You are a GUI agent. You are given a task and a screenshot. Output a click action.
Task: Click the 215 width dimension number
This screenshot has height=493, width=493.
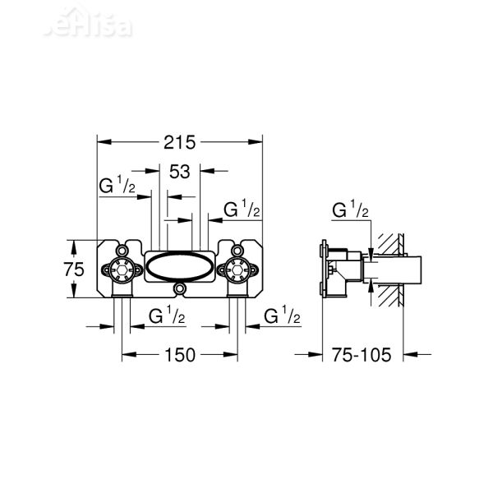click(180, 142)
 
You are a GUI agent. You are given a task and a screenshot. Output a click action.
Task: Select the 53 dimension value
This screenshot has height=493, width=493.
click(180, 171)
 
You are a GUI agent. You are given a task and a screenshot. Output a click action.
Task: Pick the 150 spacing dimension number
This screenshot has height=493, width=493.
click(179, 355)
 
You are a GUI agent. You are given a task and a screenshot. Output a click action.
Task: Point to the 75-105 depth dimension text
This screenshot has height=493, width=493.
click(362, 355)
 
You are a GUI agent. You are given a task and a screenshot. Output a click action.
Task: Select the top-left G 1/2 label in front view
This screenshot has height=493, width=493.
click(117, 187)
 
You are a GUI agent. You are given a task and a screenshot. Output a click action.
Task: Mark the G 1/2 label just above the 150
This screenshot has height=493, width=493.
click(167, 316)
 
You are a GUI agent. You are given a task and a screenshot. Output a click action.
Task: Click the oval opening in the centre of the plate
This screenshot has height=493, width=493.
click(180, 267)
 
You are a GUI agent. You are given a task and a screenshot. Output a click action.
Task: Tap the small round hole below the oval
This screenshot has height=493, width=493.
click(180, 289)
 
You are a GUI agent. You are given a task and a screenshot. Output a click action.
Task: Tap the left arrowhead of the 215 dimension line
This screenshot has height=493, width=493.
click(101, 142)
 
